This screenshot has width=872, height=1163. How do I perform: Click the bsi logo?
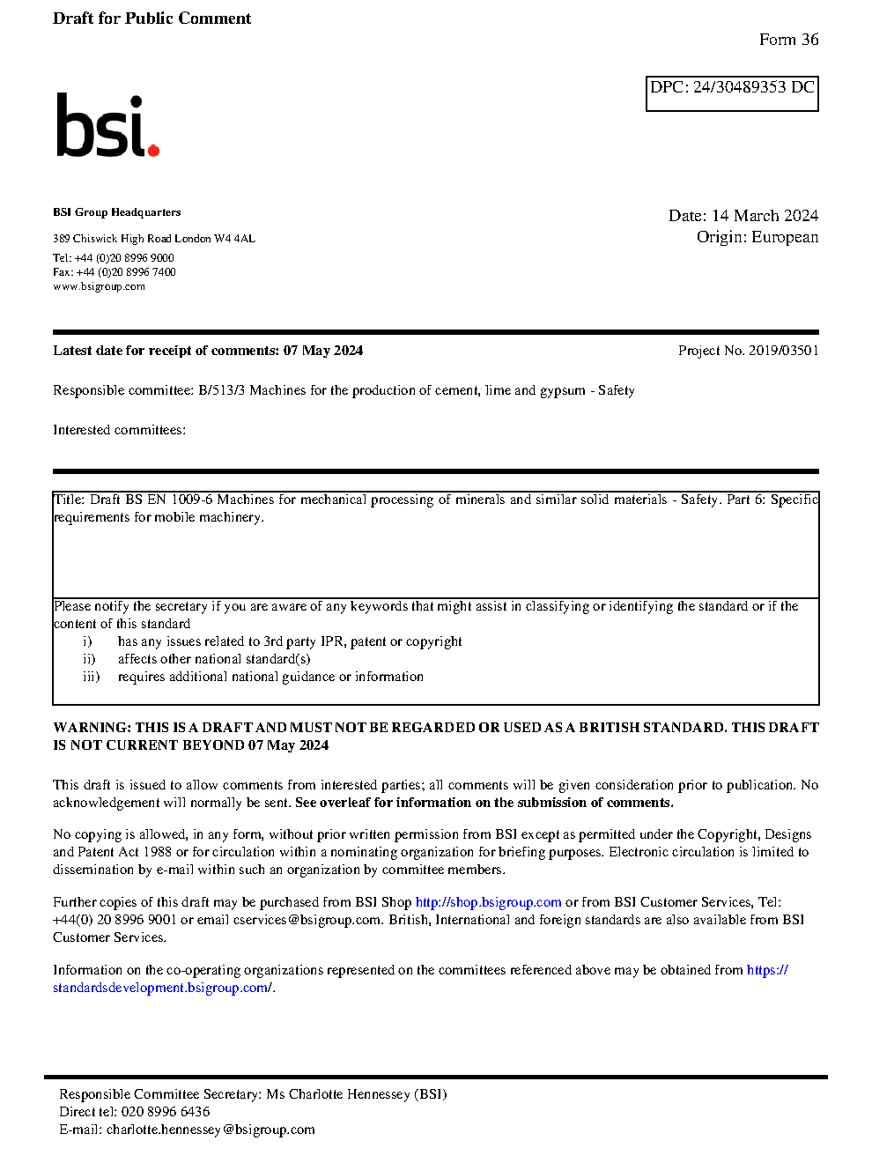107,126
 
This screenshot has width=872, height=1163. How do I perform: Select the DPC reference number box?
732,93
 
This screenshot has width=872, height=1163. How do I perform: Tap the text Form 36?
788,40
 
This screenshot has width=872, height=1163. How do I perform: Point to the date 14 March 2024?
765,216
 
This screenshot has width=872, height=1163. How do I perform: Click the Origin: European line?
757,237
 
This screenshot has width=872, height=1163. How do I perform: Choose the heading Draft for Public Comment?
151,19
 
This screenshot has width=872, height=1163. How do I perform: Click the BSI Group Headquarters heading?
116,212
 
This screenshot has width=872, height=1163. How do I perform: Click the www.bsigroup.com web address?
99,286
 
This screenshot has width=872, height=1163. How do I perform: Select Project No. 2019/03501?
748,351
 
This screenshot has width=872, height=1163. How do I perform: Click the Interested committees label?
119,430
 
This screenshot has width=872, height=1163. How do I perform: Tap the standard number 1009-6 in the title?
192,500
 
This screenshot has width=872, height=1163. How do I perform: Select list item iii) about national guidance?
270,677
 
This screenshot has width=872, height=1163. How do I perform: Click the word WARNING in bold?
92,728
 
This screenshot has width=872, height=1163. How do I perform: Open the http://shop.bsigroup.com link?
488,902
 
